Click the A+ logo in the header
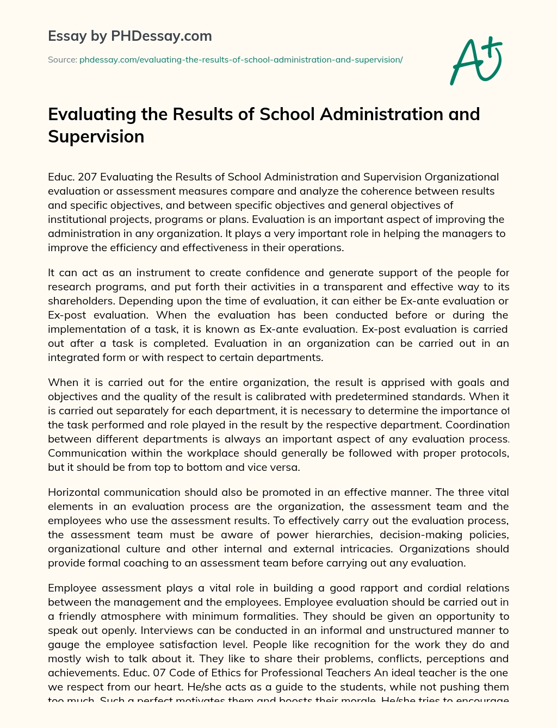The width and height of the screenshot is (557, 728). tap(476, 61)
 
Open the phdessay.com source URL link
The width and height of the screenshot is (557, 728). tap(241, 60)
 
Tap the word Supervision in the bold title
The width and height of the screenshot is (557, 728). tap(96, 136)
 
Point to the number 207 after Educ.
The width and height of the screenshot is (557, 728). tap(88, 177)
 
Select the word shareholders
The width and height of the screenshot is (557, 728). tap(79, 301)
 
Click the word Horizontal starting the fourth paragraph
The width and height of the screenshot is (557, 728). tap(74, 493)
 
